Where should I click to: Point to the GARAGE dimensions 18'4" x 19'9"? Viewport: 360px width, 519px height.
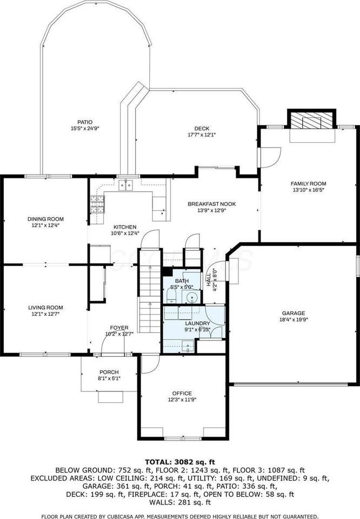pos(294,320)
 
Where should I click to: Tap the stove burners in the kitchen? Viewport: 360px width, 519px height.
pos(97,204)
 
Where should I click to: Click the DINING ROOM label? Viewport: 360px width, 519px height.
pos(46,218)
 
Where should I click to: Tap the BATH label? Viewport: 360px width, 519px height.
pos(182,281)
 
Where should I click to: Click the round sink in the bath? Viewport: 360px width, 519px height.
pos(191,297)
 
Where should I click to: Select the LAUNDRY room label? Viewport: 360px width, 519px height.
pos(194,323)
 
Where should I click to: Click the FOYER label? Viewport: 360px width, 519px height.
pos(119,328)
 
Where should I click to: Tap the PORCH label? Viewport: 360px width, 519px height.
pos(109,372)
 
